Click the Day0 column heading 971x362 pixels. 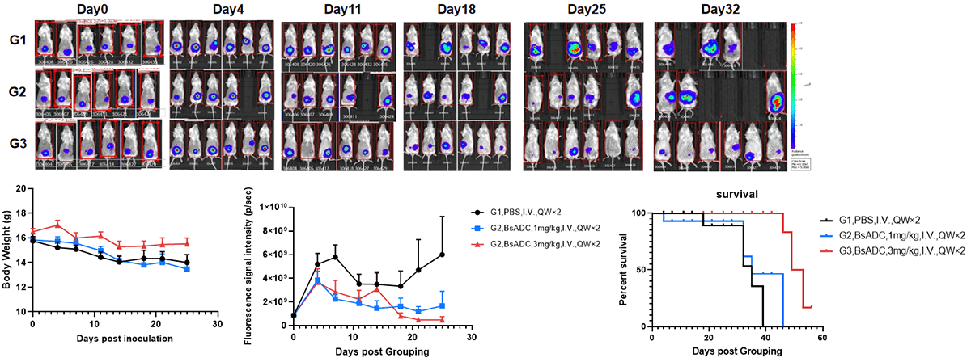coord(96,10)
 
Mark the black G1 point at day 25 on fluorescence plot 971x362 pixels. coord(442,254)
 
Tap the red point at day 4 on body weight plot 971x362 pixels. coord(57,225)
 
